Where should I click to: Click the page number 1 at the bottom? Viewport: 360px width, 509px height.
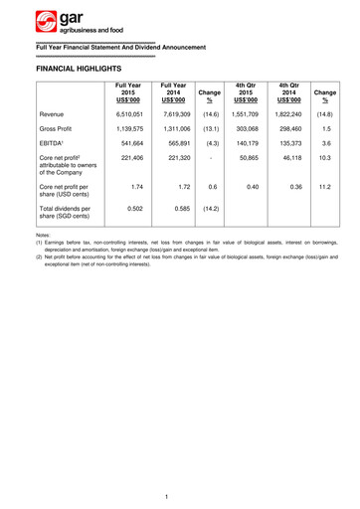tap(180, 495)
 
